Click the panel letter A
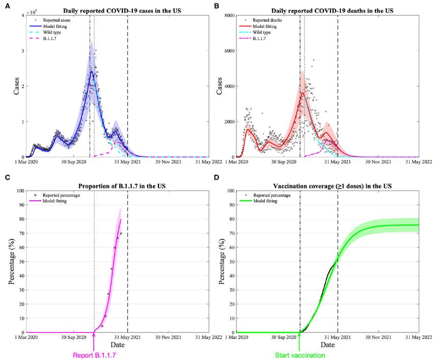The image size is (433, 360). tap(6, 6)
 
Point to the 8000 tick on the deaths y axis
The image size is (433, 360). tap(227, 15)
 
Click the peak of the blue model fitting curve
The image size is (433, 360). tap(92, 71)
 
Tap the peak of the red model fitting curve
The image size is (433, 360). tap(303, 93)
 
